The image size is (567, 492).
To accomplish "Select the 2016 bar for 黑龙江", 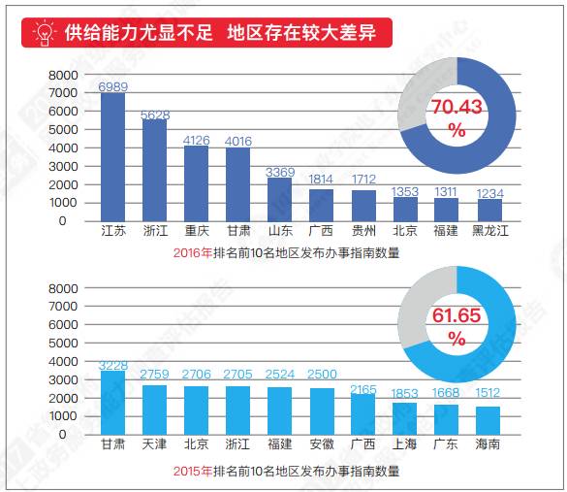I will tap(489, 210).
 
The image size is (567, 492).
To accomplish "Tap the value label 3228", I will tap(113, 365).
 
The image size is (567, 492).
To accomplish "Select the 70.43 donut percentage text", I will tap(457, 116).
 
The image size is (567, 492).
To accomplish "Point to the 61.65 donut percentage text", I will tap(457, 326).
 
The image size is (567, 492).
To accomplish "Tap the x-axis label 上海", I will tap(405, 443).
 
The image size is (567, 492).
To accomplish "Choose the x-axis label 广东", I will tap(447, 443).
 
